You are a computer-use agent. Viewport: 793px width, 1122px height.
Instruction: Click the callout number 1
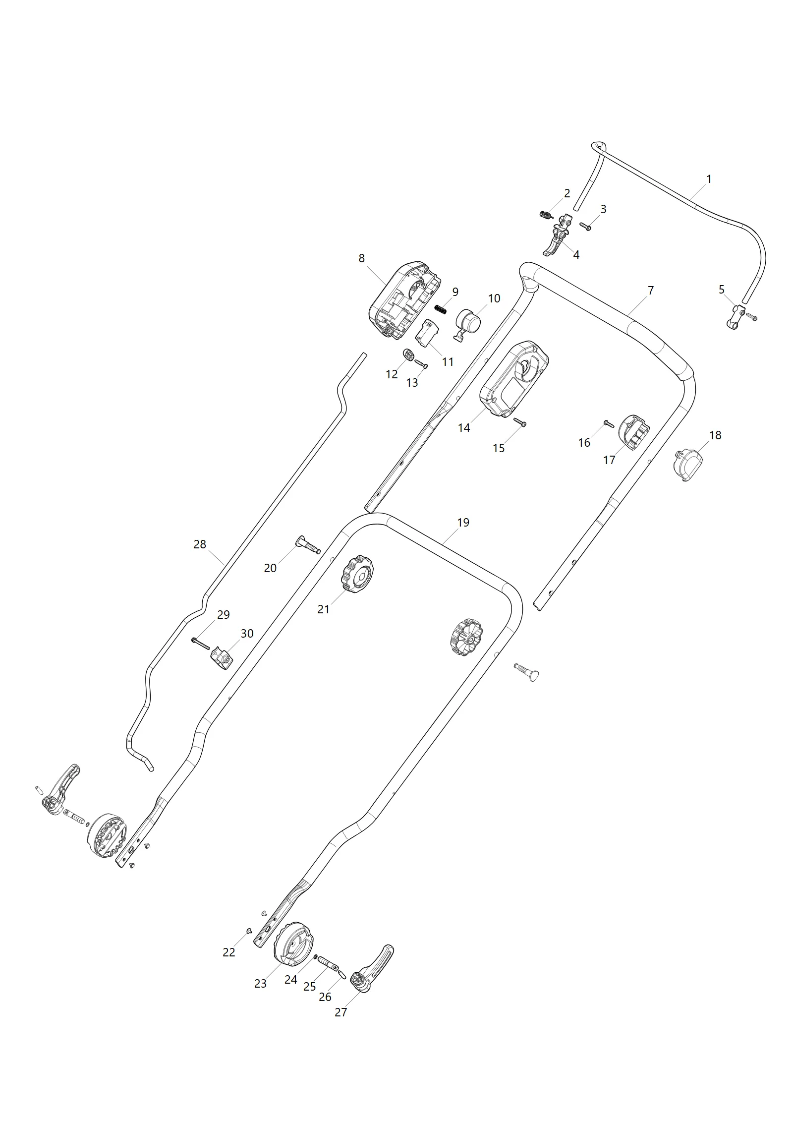click(x=709, y=179)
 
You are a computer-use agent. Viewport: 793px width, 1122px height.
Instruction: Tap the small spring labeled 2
click(x=546, y=215)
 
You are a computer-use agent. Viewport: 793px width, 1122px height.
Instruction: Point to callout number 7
click(x=651, y=291)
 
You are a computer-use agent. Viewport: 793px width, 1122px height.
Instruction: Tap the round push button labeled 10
click(x=468, y=324)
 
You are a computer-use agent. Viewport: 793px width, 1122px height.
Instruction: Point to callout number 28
click(x=200, y=544)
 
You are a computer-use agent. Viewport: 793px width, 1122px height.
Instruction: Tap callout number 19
click(x=463, y=523)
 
